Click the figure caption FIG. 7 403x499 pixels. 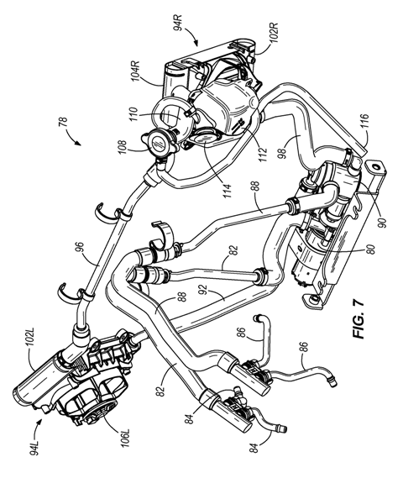tap(359, 319)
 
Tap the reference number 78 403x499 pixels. tap(64, 122)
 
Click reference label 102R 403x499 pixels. tap(274, 32)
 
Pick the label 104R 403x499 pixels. tap(136, 69)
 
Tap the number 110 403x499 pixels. tap(133, 115)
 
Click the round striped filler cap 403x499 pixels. tap(159, 143)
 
